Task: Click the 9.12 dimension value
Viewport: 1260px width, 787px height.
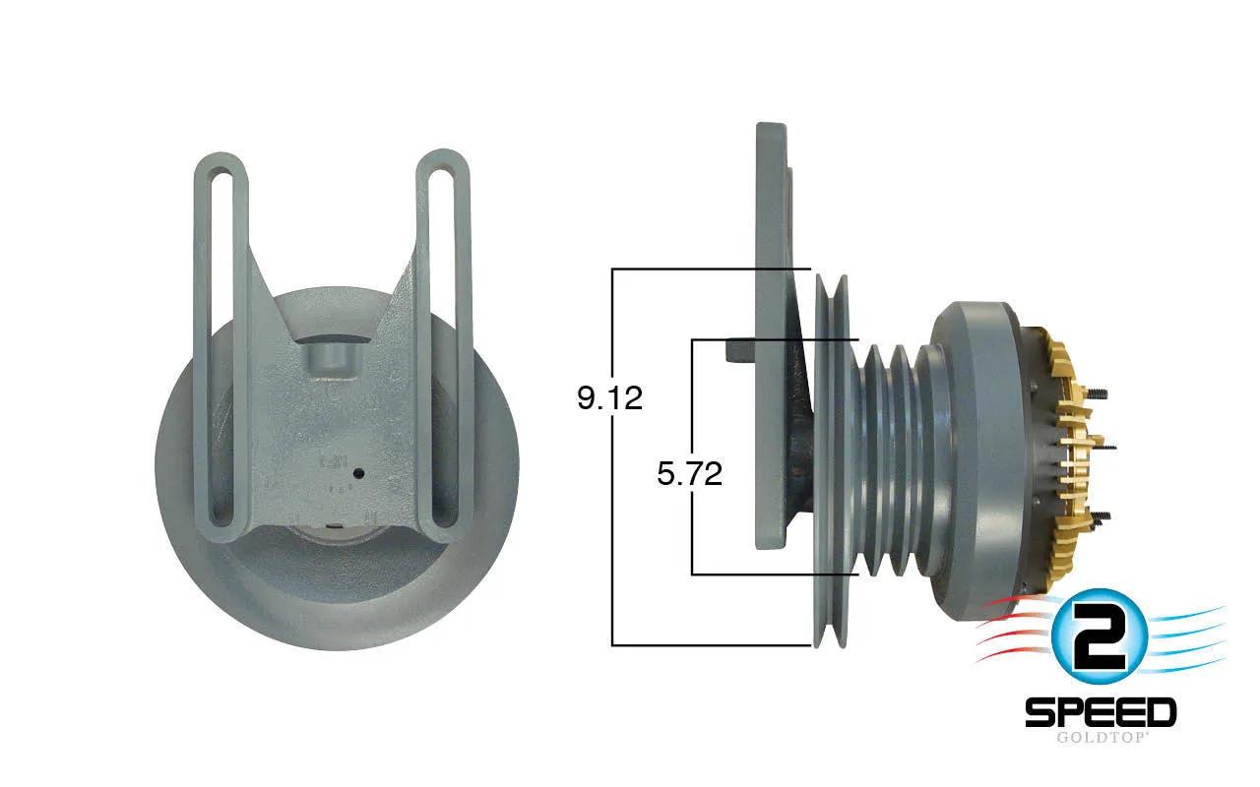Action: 609,397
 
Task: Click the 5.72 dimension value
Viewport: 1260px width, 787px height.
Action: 690,473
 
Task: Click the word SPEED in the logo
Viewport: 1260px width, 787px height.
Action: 1101,712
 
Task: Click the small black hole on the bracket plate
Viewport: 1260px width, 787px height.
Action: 357,474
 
